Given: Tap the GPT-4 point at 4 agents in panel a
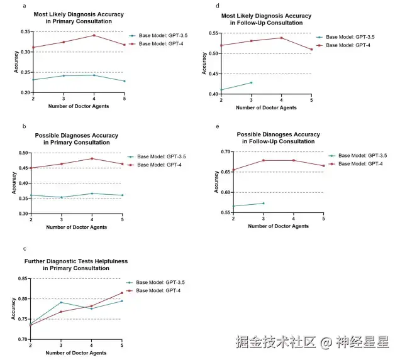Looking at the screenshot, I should click(x=94, y=35).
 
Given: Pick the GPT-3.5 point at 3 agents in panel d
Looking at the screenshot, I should click(x=251, y=82).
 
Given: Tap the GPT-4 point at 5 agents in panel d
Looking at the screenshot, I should click(x=311, y=49).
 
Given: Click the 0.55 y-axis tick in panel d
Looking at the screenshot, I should click(x=213, y=33).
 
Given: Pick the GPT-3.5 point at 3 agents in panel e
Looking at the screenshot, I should click(x=263, y=203).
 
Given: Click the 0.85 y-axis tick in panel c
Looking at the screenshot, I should click(x=25, y=278).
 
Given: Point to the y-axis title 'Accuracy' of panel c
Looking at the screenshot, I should click(x=13, y=308).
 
